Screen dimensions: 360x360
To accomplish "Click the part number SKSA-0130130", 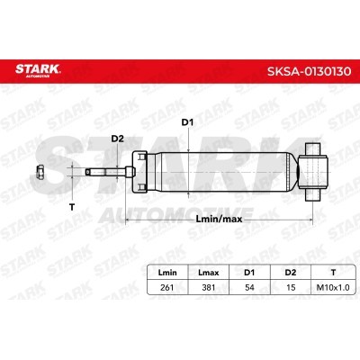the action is [309, 71].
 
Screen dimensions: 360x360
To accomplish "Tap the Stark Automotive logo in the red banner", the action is [38, 70].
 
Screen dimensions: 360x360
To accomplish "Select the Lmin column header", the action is [167, 273].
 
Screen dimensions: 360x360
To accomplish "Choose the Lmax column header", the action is [209, 273].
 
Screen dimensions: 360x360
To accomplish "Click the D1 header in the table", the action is [249, 273].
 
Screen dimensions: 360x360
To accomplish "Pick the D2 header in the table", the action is [291, 273].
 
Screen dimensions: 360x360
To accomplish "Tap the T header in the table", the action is [333, 273].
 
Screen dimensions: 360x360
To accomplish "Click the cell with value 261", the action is [167, 287].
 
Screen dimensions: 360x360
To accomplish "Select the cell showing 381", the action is [209, 287].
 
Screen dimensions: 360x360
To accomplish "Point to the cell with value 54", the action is [249, 287].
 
